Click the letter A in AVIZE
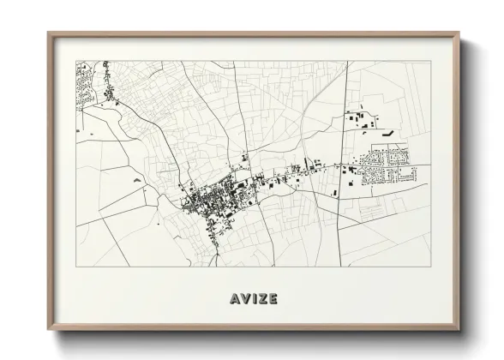(x=235, y=299)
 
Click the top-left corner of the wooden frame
(x=48, y=33)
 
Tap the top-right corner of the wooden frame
(x=460, y=33)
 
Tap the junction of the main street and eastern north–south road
(x=340, y=165)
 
